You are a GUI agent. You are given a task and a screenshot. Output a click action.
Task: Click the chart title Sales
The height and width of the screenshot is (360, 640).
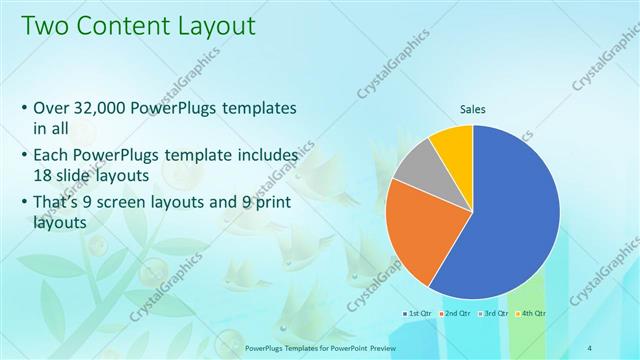tap(473, 110)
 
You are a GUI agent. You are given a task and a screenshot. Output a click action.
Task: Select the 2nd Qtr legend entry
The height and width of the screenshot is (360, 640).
tap(457, 313)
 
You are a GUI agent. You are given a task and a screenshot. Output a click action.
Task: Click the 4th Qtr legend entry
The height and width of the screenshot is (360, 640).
tap(532, 313)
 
